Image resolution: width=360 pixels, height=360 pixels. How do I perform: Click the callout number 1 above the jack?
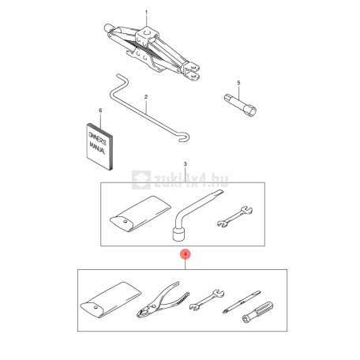[147, 13]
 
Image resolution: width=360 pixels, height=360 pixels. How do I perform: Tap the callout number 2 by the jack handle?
[146, 97]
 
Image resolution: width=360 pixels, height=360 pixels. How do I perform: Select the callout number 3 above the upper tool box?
[185, 164]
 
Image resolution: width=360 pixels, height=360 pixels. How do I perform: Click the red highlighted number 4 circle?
[186, 254]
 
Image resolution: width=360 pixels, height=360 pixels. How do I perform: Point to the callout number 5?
[238, 83]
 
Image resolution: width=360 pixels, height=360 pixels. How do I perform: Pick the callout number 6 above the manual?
[100, 111]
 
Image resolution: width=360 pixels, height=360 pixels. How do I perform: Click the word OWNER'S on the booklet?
[98, 138]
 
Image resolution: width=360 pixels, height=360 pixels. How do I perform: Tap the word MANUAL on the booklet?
[98, 148]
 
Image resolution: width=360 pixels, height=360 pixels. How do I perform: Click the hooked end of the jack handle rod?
[185, 138]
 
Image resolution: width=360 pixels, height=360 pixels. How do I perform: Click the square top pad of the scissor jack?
[148, 34]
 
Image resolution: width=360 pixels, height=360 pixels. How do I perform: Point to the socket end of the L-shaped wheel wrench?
[180, 234]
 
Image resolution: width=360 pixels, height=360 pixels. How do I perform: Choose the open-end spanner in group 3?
[234, 216]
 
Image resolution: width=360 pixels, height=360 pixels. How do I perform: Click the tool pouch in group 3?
[141, 214]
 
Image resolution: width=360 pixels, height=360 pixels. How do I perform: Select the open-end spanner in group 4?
[207, 300]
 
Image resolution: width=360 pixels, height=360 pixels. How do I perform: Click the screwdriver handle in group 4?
[257, 313]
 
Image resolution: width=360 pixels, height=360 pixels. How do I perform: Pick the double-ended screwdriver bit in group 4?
[242, 302]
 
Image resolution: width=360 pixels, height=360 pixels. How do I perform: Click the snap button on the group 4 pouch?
[96, 307]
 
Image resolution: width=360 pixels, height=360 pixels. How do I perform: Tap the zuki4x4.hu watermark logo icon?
[141, 180]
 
